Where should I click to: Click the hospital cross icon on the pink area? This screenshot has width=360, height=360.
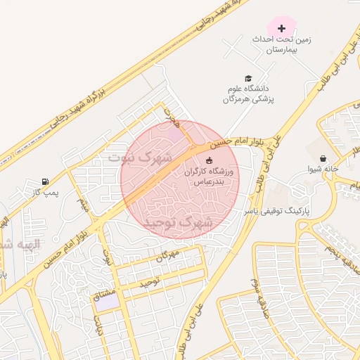282,29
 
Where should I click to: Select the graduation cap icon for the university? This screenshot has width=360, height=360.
247,78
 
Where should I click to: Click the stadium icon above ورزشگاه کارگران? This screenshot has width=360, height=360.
208,161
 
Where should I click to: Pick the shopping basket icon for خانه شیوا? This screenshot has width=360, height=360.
323,159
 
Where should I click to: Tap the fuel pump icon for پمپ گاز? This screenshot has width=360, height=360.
46,181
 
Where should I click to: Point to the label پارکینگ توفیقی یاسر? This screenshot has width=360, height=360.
277,210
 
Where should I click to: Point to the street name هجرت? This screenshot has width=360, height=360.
173,117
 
